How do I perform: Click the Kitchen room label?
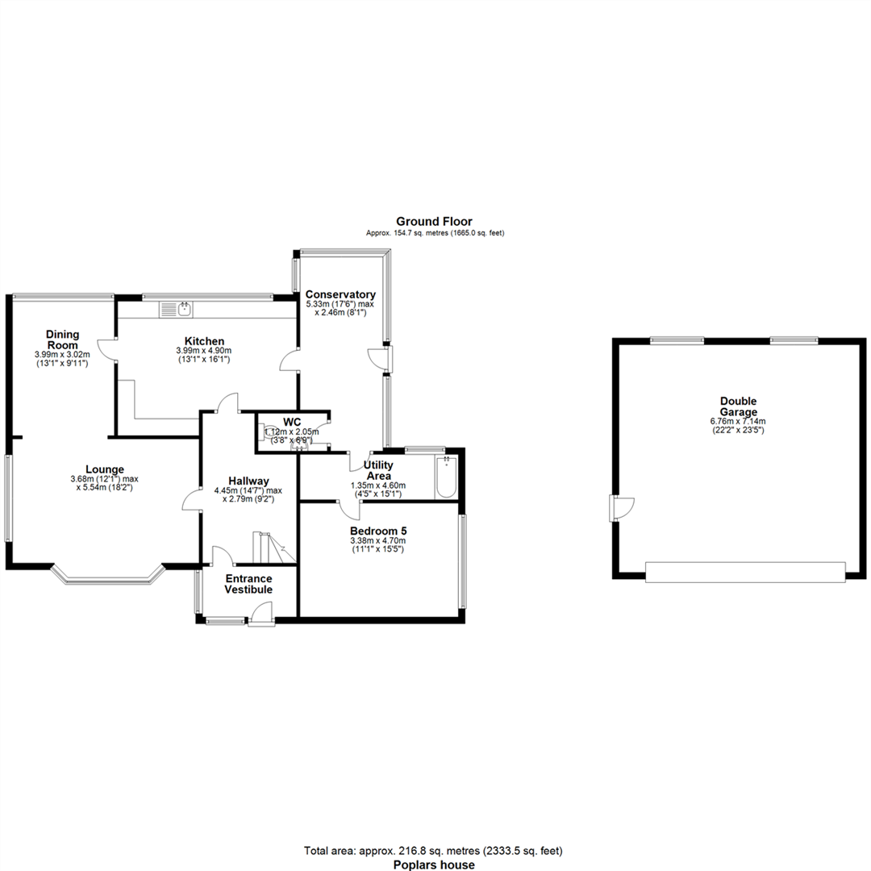coord(204,341)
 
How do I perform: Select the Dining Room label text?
coord(61,340)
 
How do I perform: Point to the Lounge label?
coord(105,469)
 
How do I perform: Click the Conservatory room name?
coord(340,294)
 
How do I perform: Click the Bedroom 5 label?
coord(377,531)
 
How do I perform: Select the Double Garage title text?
coord(738,406)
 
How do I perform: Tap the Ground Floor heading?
coord(434,221)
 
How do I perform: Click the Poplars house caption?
coord(434,865)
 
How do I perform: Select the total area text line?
coord(434,850)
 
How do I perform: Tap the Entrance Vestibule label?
coord(248,584)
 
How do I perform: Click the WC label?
coord(291,422)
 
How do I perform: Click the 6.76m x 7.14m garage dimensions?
coord(738,421)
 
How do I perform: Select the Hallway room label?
coord(248,481)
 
